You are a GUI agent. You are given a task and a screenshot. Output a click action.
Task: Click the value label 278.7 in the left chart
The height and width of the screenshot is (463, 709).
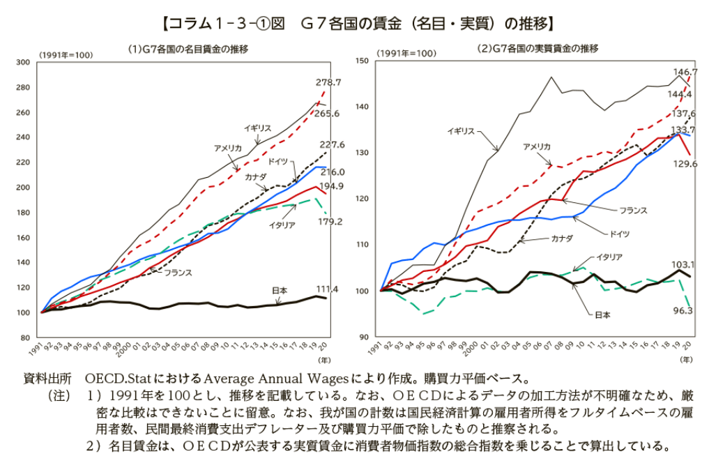pyautogui.click(x=328, y=82)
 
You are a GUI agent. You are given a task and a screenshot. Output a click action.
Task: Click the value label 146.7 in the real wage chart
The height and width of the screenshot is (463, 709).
pyautogui.click(x=684, y=73)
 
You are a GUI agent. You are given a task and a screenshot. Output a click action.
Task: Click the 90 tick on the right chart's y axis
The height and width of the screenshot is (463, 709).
pyautogui.click(x=364, y=337)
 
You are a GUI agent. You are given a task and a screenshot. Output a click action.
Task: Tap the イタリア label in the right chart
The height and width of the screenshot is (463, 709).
pyautogui.click(x=609, y=257)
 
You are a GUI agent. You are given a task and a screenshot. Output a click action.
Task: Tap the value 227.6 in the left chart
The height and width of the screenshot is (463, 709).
pyautogui.click(x=333, y=145)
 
